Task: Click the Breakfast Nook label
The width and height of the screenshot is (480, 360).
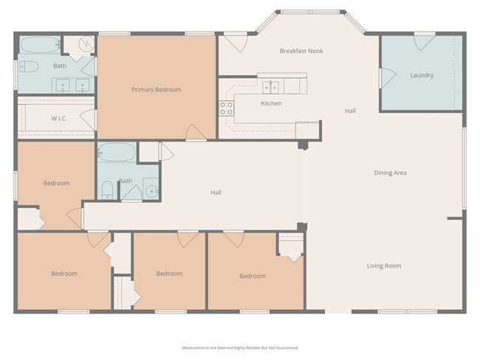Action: pos(301,51)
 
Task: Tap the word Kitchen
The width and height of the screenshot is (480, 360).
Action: pos(271,103)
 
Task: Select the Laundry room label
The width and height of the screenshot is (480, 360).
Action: pos(422,75)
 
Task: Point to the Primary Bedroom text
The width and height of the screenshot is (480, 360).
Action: pos(156,90)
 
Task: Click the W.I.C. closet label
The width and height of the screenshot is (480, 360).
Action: pos(60,118)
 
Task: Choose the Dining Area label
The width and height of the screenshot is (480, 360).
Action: pos(391,173)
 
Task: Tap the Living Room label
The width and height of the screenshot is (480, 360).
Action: pos(384,266)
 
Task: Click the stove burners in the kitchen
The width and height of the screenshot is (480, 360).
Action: pos(227,109)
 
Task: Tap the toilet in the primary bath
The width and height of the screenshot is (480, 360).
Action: pos(27,67)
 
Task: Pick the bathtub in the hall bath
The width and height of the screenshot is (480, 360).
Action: pos(116,153)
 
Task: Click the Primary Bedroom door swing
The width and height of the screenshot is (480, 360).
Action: pos(196,133)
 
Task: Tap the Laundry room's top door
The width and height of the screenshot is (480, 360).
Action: pos(425,43)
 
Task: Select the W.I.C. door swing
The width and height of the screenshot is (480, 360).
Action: pos(88,118)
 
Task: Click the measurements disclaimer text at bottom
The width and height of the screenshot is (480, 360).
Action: pos(240,347)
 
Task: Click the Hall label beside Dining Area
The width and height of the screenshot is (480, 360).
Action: pos(350,111)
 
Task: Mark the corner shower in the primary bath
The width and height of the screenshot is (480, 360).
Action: pos(83,44)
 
